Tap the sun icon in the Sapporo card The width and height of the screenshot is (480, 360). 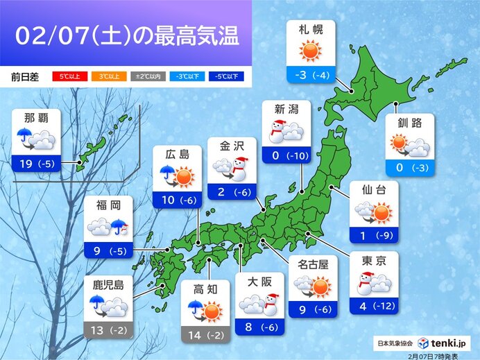[310, 52]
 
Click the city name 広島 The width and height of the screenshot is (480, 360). [177, 154]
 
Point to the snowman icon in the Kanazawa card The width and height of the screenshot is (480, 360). [241, 167]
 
